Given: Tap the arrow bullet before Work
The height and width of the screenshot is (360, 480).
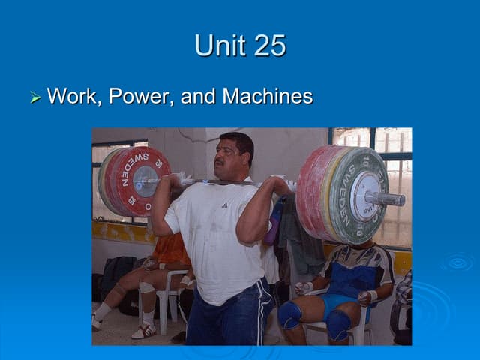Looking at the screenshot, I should [34, 97].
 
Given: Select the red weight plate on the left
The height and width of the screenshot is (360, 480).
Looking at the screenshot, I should [139, 181].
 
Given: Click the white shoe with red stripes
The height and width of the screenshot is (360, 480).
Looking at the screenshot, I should [144, 330].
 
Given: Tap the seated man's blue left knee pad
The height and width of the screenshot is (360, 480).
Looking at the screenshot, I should [289, 314].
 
